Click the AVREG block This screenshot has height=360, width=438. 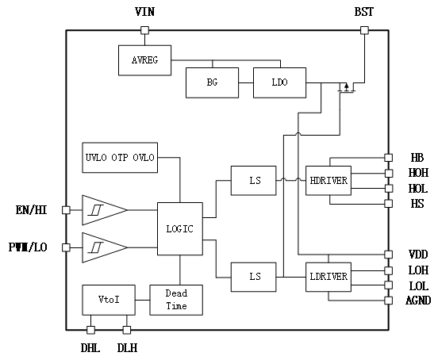click(144, 60)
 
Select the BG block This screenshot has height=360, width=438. click(213, 82)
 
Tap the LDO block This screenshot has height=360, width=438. click(279, 82)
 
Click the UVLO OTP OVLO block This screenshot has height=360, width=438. click(120, 158)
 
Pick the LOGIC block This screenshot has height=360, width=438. click(180, 229)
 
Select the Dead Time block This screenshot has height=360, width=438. click(176, 300)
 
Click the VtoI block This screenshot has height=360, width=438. click(109, 300)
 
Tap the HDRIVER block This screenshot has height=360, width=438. click(328, 181)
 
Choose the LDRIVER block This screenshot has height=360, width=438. click(328, 277)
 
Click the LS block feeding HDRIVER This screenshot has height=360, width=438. click(254, 181)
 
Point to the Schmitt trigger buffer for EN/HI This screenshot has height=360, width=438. click(105, 210)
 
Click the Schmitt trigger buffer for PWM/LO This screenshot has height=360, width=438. click(105, 247)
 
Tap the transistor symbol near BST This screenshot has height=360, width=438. click(347, 88)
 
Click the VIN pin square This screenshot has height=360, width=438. click(144, 30)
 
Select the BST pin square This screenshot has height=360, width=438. click(364, 30)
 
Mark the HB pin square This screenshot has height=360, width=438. click(389, 158)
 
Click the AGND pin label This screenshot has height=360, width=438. click(418, 301)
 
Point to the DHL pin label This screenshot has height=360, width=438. click(90, 348)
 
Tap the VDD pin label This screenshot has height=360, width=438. click(418, 255)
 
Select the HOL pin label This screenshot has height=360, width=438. click(418, 189)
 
